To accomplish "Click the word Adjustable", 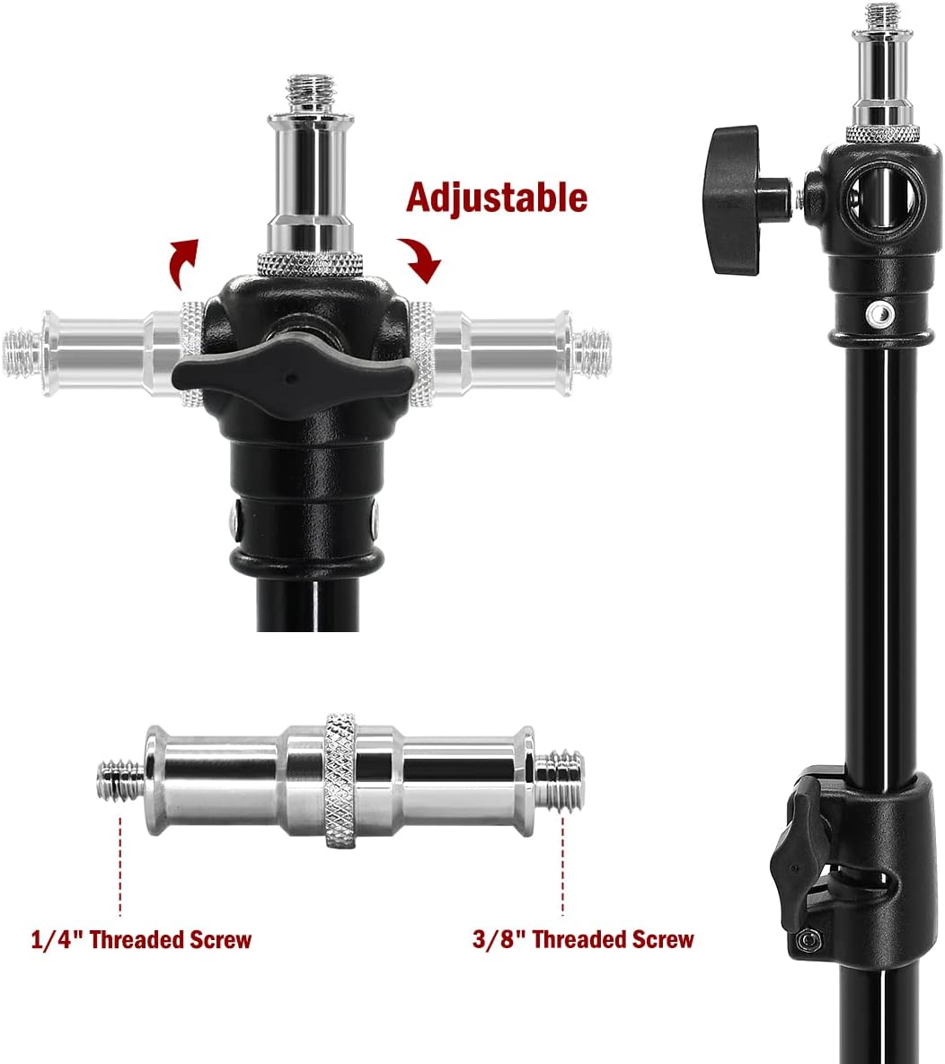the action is click(x=496, y=198).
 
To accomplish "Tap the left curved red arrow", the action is click(x=182, y=261).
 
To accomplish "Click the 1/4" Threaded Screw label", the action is click(x=141, y=940).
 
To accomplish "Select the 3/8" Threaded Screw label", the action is click(x=583, y=939).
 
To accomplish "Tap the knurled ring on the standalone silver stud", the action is click(x=340, y=779).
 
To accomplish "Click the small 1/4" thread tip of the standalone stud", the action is click(x=121, y=781).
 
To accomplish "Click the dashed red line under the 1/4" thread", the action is click(x=120, y=866).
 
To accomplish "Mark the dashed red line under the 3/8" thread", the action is click(x=563, y=866).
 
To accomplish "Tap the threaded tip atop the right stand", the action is click(x=882, y=15).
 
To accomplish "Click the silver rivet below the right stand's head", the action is click(x=879, y=312).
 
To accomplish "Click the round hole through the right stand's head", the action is click(x=879, y=197).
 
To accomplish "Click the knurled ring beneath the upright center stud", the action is click(x=310, y=264).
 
